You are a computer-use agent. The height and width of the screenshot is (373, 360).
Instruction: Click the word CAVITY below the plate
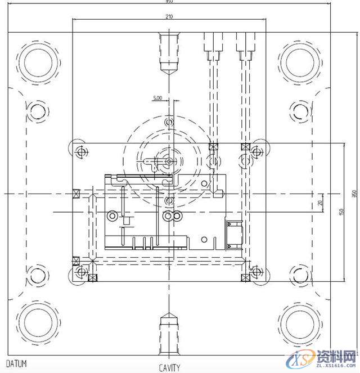(x=169, y=368)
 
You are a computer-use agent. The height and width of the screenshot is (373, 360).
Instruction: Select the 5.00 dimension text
(x=157, y=98)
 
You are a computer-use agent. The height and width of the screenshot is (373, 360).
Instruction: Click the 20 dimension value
(x=320, y=203)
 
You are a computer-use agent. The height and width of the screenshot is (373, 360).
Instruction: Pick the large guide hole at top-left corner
(x=39, y=60)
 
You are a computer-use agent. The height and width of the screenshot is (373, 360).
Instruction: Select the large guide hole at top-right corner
(x=300, y=60)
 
